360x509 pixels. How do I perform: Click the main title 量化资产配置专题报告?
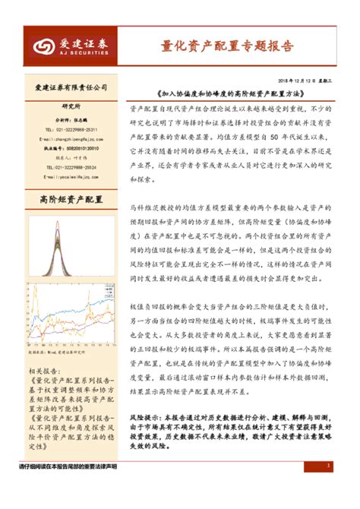point(227,46)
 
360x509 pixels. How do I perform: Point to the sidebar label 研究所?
point(71,107)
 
